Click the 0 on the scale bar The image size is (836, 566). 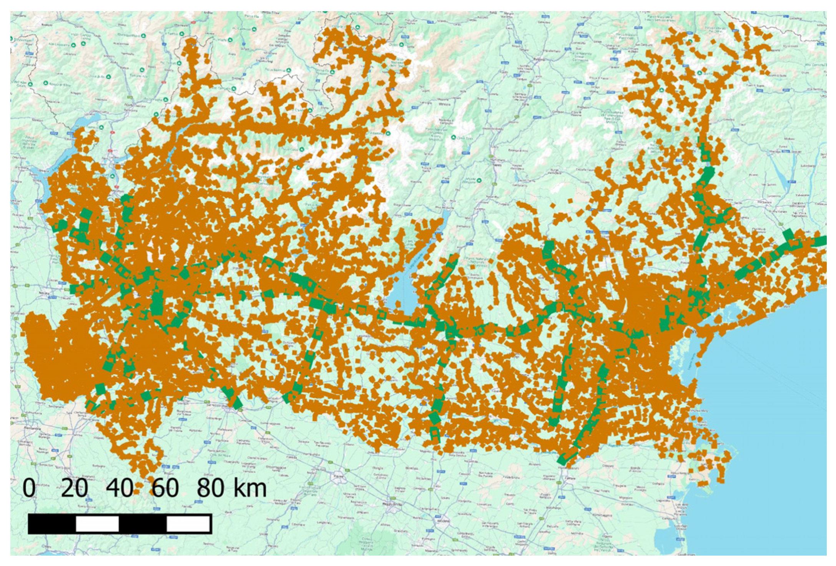tap(29, 488)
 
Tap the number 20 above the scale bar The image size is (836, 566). tap(74, 488)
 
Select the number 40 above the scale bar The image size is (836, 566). tap(120, 488)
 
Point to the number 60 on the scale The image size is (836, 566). tap(165, 488)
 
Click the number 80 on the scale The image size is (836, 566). tap(210, 488)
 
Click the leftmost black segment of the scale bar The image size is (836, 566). tap(52, 524)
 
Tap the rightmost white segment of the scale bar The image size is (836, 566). tap(188, 524)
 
